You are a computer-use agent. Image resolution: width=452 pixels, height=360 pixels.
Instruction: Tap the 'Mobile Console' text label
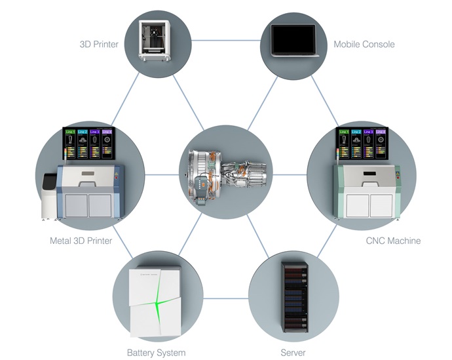click(364, 45)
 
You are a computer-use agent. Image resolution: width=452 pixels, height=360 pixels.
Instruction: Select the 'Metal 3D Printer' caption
click(81, 241)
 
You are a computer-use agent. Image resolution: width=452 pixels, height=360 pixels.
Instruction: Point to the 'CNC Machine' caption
click(393, 241)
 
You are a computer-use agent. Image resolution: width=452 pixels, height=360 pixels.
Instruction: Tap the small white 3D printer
click(155, 39)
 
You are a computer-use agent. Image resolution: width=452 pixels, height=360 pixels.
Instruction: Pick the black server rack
click(293, 296)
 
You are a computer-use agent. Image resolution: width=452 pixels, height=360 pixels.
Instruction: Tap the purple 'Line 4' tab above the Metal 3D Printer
click(107, 132)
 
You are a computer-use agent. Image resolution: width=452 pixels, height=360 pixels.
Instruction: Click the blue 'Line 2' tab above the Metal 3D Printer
click(83, 132)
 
